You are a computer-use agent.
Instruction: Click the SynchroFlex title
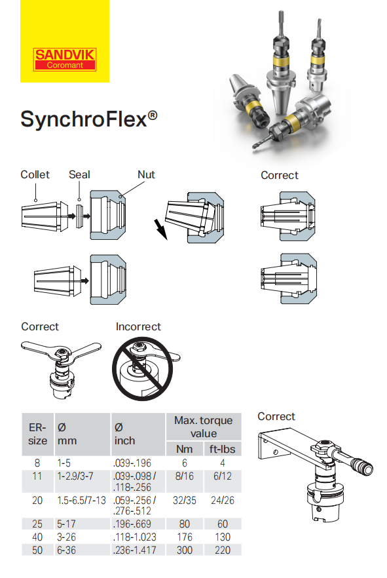(x=88, y=120)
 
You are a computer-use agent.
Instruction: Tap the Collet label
(x=35, y=175)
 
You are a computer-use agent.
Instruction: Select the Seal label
(x=79, y=175)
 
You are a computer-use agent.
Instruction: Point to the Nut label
(x=146, y=175)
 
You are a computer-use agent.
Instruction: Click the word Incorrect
(x=138, y=326)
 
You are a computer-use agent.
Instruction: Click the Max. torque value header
(x=203, y=427)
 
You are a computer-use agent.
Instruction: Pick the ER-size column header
(x=37, y=434)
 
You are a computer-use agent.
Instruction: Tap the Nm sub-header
(x=185, y=449)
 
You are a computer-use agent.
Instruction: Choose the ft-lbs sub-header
(x=222, y=449)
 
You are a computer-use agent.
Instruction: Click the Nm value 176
(x=185, y=537)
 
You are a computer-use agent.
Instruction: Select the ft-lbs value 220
(x=223, y=550)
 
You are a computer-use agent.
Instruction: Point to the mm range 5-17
(x=68, y=524)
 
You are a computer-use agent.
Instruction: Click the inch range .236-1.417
(x=135, y=550)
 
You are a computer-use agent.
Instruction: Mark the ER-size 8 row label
(x=37, y=463)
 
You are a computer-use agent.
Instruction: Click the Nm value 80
(x=185, y=524)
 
